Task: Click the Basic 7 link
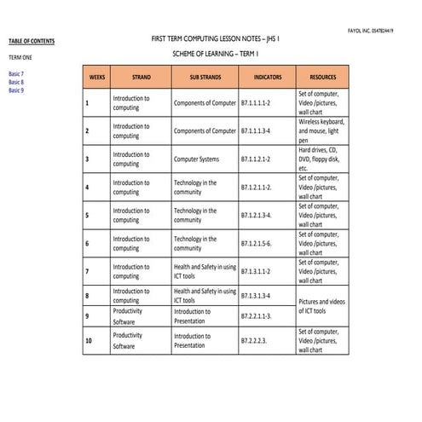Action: point(16,74)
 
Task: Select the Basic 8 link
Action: point(16,82)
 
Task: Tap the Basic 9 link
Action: point(16,90)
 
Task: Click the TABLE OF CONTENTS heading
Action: point(32,41)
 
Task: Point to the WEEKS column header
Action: point(96,77)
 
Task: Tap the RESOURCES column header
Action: point(323,77)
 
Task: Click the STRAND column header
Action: point(142,77)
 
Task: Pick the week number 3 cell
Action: point(87,159)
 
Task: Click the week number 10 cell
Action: point(89,341)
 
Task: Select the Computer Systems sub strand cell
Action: point(196,159)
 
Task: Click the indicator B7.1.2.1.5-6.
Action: point(256,243)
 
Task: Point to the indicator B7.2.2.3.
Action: point(253,341)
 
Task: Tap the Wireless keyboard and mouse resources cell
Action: point(321,130)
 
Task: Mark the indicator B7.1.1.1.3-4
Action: point(256,130)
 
